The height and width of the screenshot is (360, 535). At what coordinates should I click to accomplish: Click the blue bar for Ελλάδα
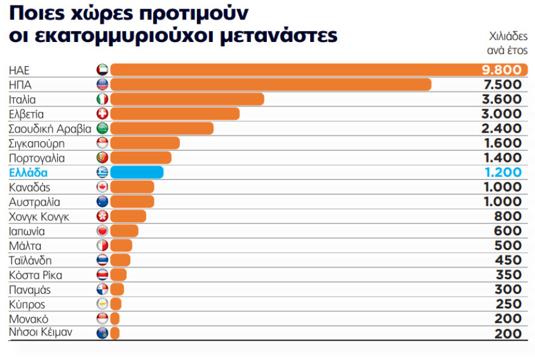136,172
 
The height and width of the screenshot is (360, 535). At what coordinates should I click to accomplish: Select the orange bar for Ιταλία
187,99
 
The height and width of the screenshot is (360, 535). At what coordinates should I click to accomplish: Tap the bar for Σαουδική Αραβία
162,128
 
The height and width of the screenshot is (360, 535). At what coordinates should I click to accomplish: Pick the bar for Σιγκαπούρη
145,143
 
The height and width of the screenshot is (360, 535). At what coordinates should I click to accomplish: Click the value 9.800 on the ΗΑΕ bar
501,70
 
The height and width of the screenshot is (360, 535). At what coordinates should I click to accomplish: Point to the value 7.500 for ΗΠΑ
502,85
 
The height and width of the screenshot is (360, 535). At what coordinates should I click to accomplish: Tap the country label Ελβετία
27,114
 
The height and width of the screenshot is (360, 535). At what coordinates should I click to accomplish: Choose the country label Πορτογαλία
37,158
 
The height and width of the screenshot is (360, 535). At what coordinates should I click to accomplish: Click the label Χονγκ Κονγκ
40,216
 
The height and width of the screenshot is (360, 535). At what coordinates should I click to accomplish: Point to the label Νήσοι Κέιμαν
41,333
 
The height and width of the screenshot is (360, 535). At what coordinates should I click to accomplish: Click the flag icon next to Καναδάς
102,187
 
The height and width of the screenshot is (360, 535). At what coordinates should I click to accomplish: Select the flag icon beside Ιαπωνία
102,231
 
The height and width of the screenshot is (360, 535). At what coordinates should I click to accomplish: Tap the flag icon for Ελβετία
102,114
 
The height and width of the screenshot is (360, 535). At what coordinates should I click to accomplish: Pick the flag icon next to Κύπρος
102,304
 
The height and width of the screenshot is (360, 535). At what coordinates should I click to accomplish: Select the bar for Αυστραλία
132,202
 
